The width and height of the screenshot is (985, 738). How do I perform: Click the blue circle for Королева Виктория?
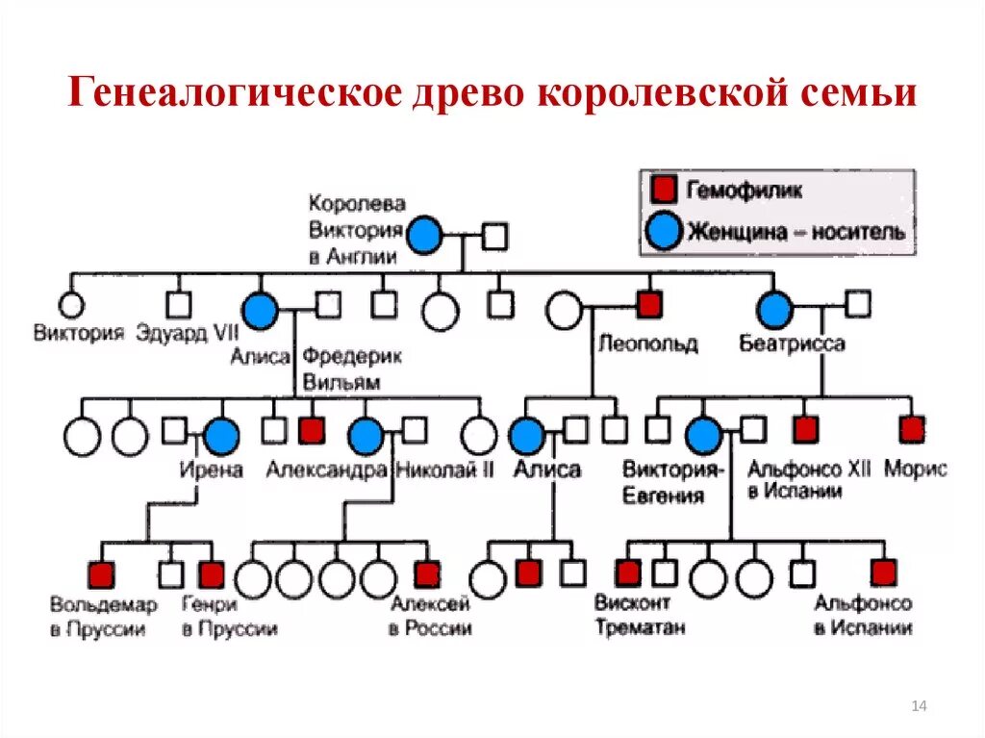click(x=424, y=234)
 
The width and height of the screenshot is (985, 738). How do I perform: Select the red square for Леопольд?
click(x=649, y=304)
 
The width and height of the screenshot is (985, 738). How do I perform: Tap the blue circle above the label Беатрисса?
click(x=774, y=310)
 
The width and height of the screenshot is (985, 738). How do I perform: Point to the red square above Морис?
click(x=912, y=428)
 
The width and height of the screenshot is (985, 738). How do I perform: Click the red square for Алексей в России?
click(x=426, y=573)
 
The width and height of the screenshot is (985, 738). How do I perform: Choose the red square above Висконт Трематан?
click(x=628, y=573)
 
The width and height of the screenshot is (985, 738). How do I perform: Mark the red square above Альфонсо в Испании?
click(x=882, y=573)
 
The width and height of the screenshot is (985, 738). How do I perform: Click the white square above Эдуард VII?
click(x=178, y=305)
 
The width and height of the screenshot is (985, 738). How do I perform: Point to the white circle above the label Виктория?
click(x=71, y=305)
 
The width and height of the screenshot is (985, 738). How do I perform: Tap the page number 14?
click(x=918, y=707)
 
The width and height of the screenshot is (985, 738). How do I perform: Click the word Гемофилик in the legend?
click(x=744, y=190)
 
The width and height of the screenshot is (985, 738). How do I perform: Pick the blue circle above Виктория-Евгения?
click(x=704, y=436)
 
